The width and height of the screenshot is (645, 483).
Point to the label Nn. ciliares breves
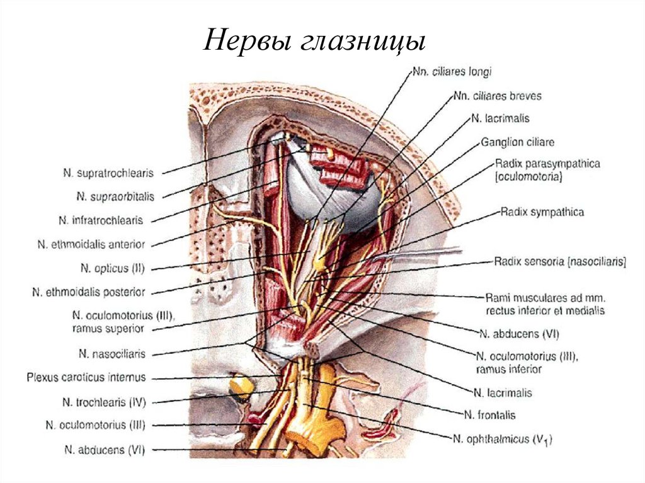point(497,96)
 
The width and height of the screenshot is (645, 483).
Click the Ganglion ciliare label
point(518,142)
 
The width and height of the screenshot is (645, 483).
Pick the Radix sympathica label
point(542,212)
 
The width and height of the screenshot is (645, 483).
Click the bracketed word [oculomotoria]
point(528,178)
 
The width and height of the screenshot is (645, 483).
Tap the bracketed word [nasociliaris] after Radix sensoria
point(596,263)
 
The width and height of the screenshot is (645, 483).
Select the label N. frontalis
point(489,415)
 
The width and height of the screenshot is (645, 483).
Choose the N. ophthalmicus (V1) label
point(502,438)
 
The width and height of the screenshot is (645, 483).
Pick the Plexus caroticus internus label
point(86,378)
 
